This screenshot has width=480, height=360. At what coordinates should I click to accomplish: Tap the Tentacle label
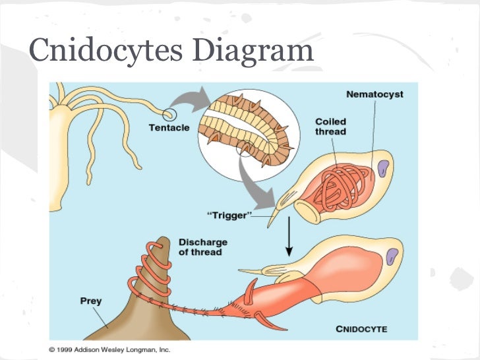pos(169,127)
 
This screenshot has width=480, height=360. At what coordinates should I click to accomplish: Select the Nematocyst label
pos(375,94)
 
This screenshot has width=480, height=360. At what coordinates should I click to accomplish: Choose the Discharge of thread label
pos(200,247)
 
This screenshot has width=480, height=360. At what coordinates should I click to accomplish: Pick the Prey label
pos(91,301)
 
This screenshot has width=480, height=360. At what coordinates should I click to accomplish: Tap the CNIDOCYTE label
pos(361,328)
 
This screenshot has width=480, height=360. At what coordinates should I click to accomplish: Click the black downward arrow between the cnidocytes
pos(288,240)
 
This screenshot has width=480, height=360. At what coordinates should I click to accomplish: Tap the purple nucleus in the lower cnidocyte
pos(394,256)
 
